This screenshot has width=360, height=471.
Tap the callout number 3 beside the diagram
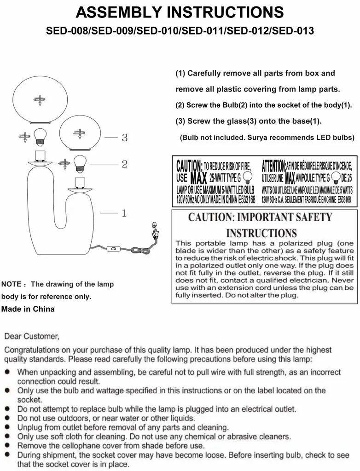point(124,138)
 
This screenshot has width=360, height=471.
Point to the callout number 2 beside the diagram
point(124,164)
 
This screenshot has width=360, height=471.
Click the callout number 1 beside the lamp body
point(124,213)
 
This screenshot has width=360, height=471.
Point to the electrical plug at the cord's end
point(154,230)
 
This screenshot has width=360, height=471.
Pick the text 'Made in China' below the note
point(28,309)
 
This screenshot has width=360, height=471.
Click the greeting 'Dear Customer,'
point(32,336)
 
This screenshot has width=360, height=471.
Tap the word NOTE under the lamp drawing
point(11,284)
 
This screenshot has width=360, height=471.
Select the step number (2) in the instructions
point(180,105)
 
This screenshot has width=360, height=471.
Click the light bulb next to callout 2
point(81,161)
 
